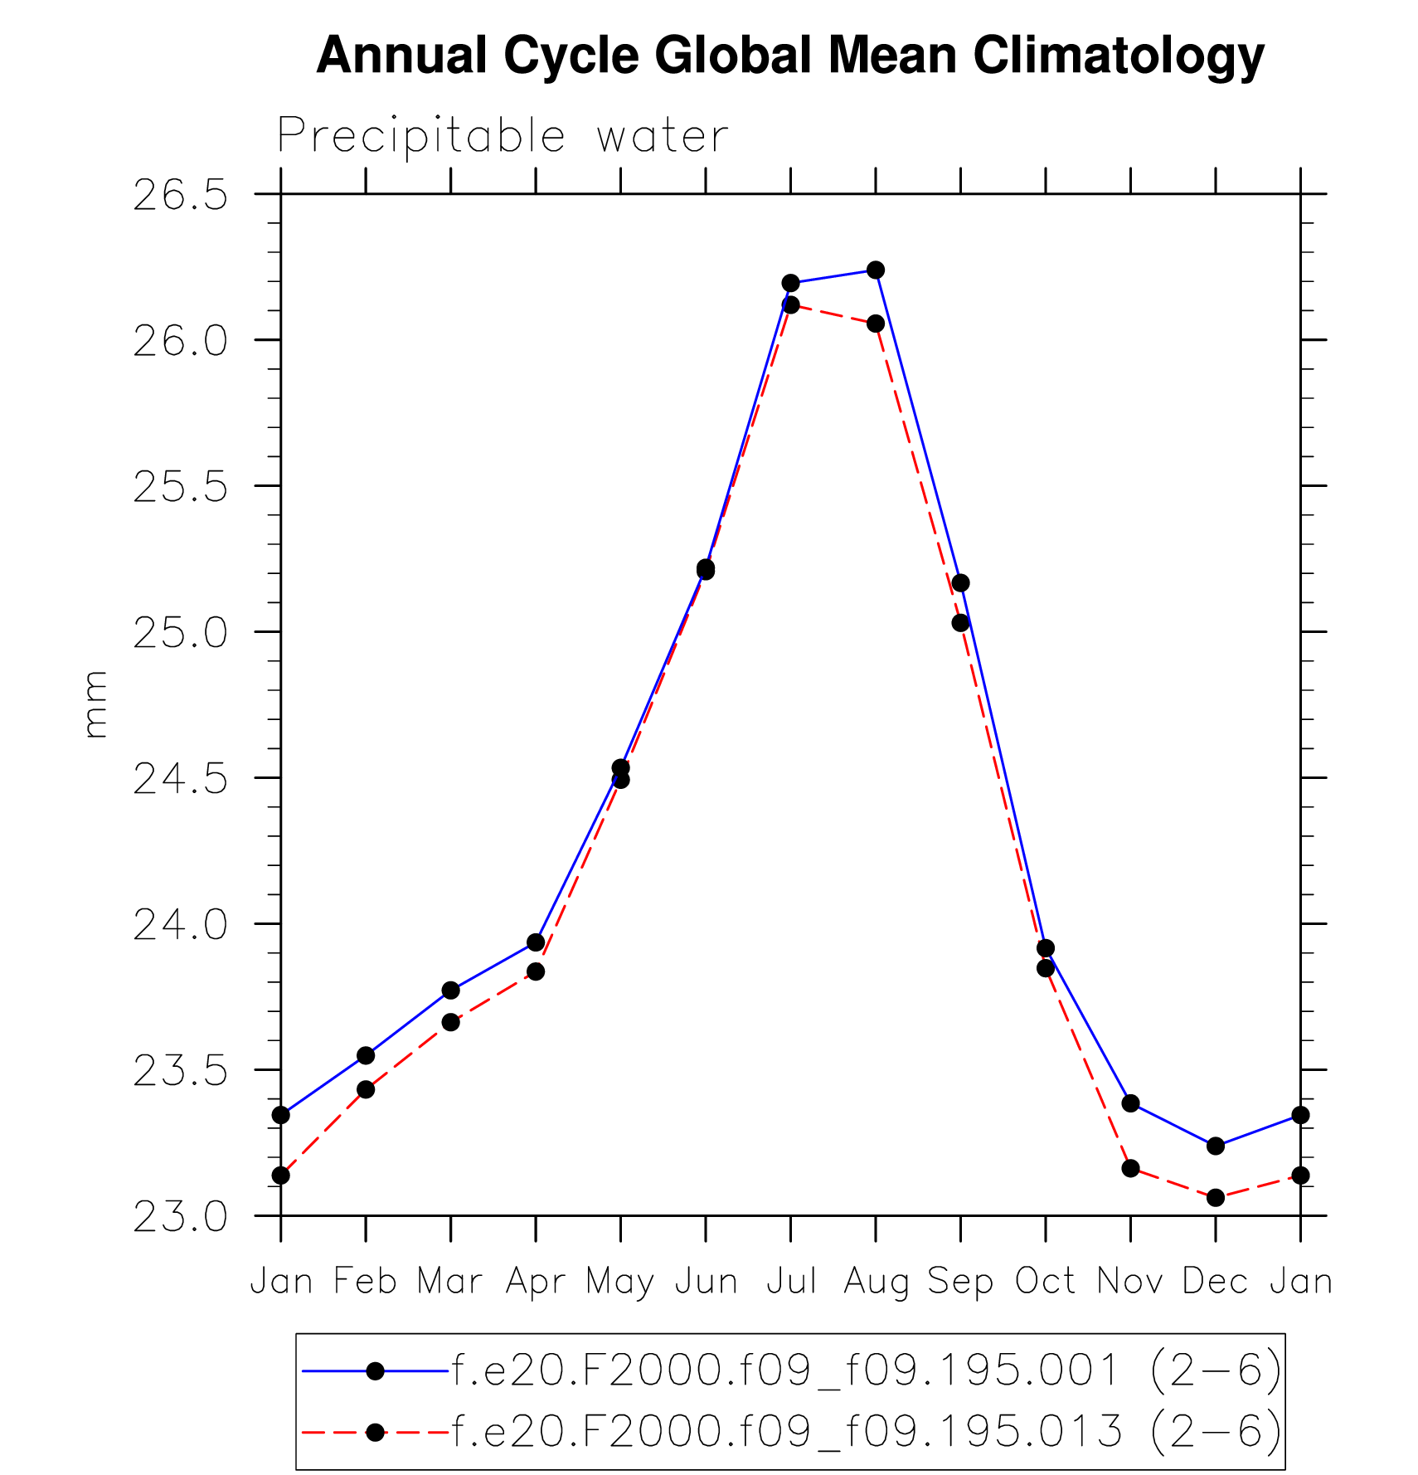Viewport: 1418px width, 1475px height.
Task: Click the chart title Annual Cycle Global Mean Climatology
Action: pos(789,56)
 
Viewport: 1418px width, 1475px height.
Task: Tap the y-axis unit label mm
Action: pos(95,704)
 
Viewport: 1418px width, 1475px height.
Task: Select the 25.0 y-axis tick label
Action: pos(180,633)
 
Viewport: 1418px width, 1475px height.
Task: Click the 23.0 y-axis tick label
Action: pos(180,1217)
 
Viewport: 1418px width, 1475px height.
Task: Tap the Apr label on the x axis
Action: pos(536,1283)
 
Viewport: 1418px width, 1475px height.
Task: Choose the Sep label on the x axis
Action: pos(960,1283)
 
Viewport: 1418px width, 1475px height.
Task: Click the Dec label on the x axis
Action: pos(1215,1283)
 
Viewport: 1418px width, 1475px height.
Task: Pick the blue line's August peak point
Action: pos(876,270)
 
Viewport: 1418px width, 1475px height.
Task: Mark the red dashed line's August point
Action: pos(876,324)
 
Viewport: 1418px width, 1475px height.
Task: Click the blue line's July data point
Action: pos(790,284)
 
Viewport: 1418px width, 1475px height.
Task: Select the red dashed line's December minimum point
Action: pos(1216,1197)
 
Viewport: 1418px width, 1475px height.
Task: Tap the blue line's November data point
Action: pos(1130,1103)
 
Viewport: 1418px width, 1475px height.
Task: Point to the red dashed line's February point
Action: pos(366,1089)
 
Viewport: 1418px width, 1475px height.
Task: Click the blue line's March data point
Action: pos(450,991)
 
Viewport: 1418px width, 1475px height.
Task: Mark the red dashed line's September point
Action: pos(960,623)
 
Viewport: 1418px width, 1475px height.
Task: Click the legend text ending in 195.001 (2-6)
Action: pos(867,1370)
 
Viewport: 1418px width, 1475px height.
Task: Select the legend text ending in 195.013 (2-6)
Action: pos(867,1432)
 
